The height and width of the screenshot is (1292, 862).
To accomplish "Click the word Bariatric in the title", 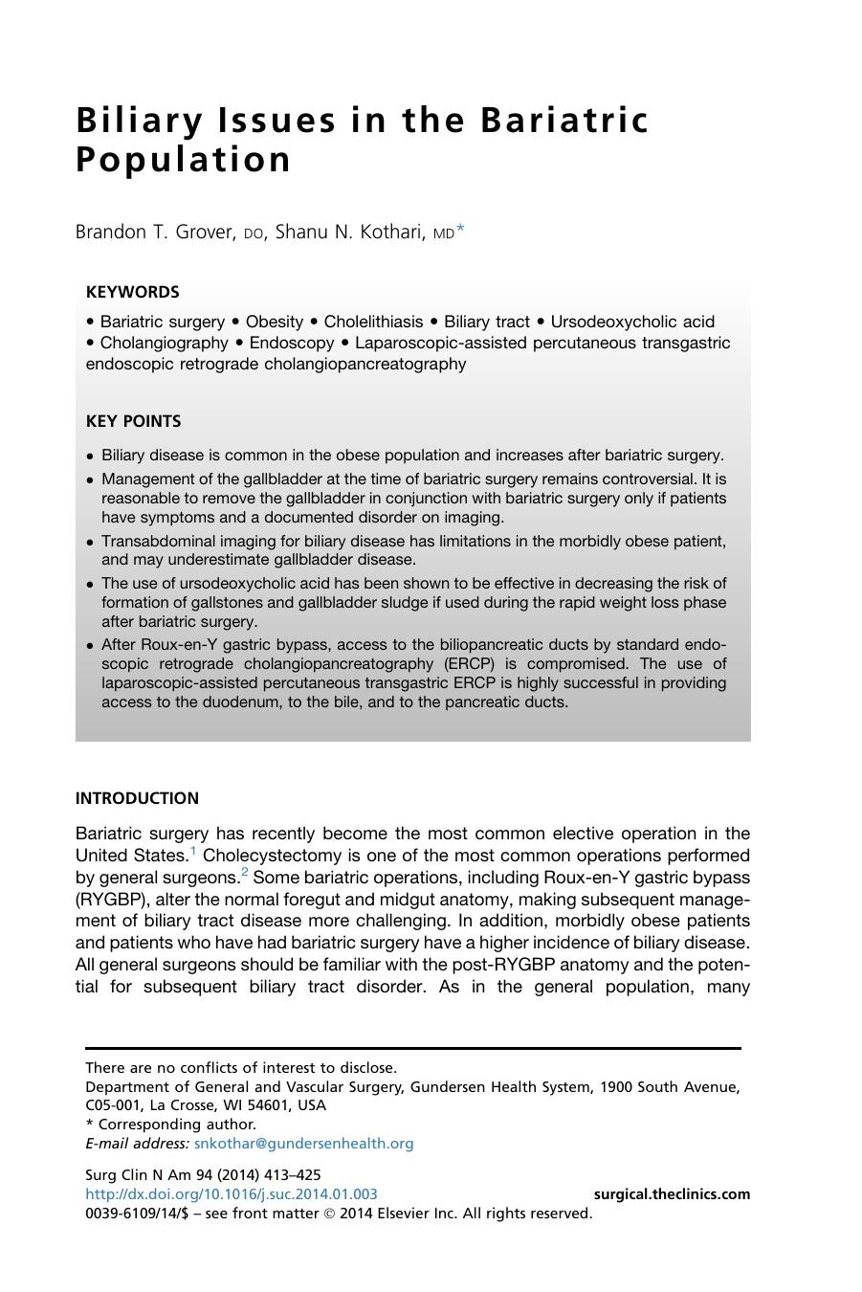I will pyautogui.click(x=564, y=121).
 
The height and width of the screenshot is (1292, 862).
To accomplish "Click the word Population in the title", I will pyautogui.click(x=183, y=160).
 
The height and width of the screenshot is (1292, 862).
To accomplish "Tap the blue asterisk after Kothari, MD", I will pyautogui.click(x=460, y=231).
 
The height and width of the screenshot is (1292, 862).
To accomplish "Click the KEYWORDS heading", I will pyautogui.click(x=132, y=292).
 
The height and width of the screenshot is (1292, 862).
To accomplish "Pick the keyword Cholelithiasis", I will pyautogui.click(x=373, y=322).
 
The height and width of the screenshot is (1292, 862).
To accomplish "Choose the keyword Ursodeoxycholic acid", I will pyautogui.click(x=632, y=322).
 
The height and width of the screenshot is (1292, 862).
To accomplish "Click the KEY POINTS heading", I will pyautogui.click(x=133, y=421).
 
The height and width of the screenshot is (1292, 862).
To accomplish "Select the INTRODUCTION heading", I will pyautogui.click(x=137, y=798).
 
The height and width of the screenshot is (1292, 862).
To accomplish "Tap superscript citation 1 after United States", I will pyautogui.click(x=193, y=850).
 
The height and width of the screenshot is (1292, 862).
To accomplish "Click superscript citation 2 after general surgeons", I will pyautogui.click(x=245, y=872).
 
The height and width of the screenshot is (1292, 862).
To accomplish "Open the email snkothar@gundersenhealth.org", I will pyautogui.click(x=303, y=1144).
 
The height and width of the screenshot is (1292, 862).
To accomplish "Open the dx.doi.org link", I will pyautogui.click(x=231, y=1194).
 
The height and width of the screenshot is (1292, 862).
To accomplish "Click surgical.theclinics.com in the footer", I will pyautogui.click(x=672, y=1194).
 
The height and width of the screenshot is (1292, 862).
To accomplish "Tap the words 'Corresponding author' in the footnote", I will pyautogui.click(x=177, y=1125).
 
